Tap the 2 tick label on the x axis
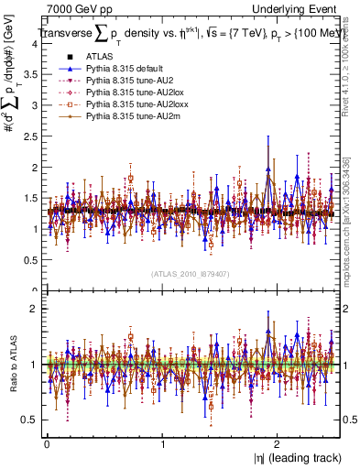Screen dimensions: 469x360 pyautogui.click(x=279, y=443)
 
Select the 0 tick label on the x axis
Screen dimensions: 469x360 pyautogui.click(x=47, y=443)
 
